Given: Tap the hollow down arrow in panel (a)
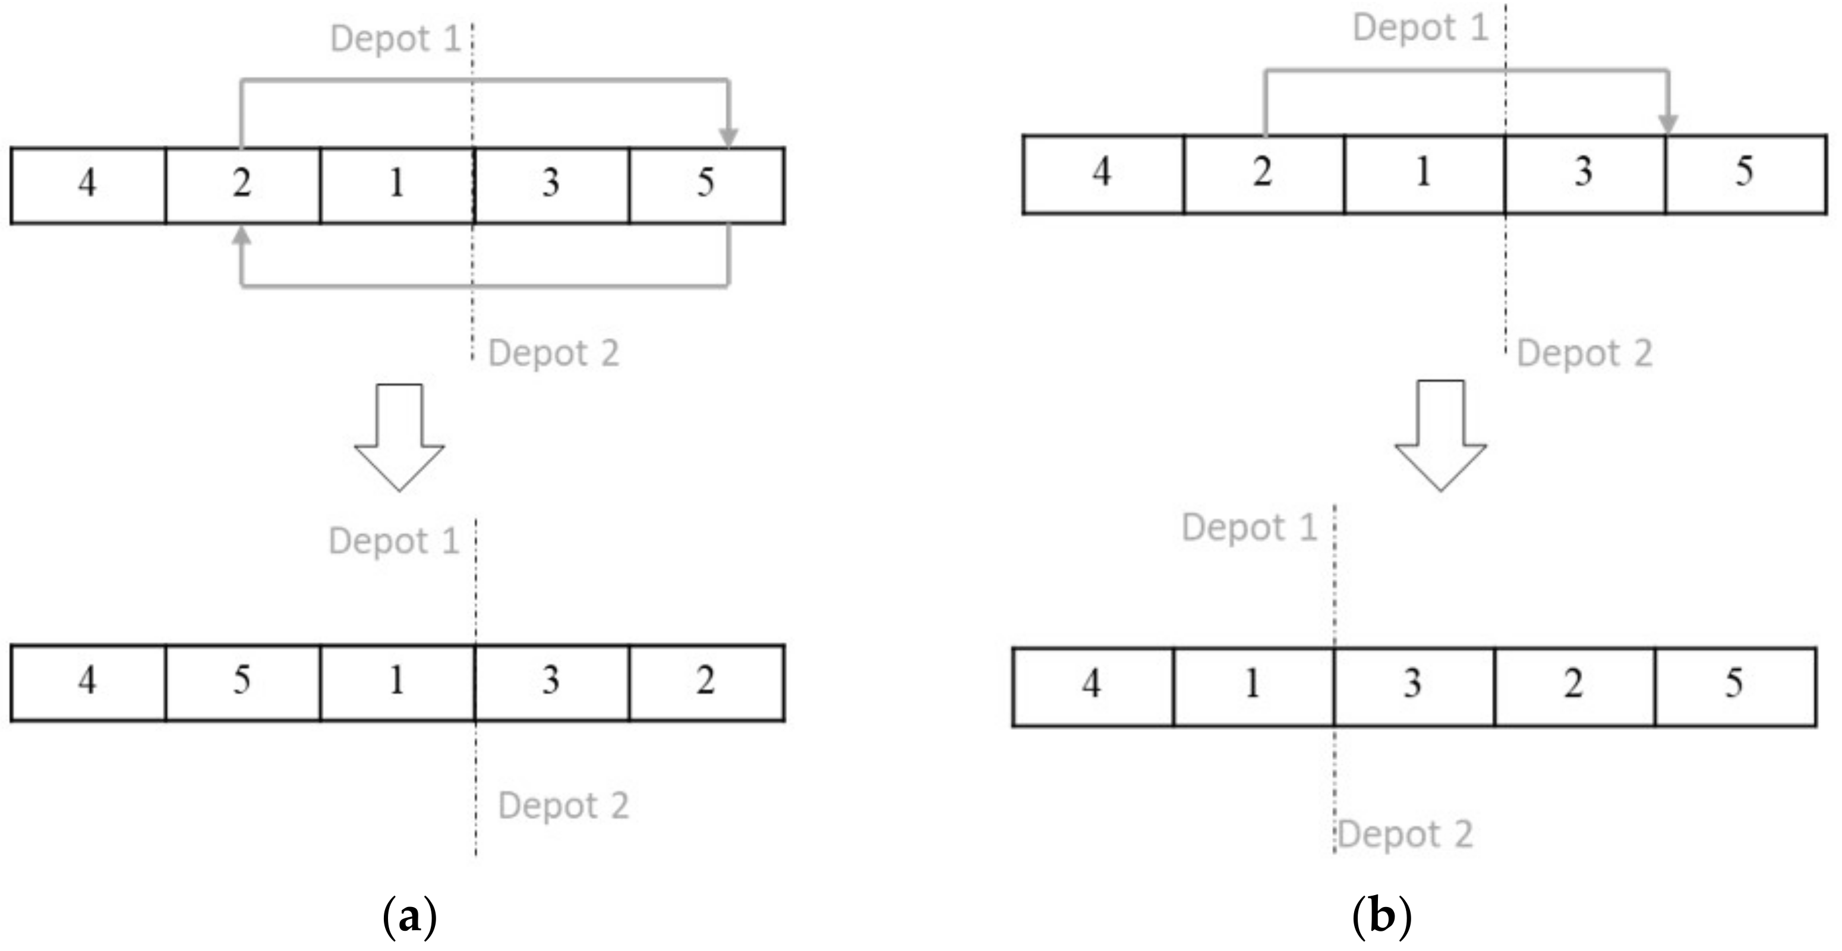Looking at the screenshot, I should (x=400, y=437).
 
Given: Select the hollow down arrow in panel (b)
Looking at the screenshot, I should (x=1441, y=436).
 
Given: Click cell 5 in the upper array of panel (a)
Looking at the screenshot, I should (x=706, y=184).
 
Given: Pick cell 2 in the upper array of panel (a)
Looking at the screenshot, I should (x=242, y=184).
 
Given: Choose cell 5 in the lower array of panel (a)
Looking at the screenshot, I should (x=242, y=681).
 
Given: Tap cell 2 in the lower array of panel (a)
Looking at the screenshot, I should (x=706, y=681).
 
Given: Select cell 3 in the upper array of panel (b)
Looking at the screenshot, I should (x=1585, y=174).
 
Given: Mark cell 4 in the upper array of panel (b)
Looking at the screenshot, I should (x=1103, y=174).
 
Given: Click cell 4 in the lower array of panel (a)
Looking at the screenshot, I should (x=88, y=681).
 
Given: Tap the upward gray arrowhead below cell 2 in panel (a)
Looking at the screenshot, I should (x=242, y=237).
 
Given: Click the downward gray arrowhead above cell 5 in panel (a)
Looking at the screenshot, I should (x=728, y=137).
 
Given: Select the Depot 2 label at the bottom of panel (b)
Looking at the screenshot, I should (x=1405, y=835).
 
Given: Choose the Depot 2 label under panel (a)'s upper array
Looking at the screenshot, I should (x=553, y=353).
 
